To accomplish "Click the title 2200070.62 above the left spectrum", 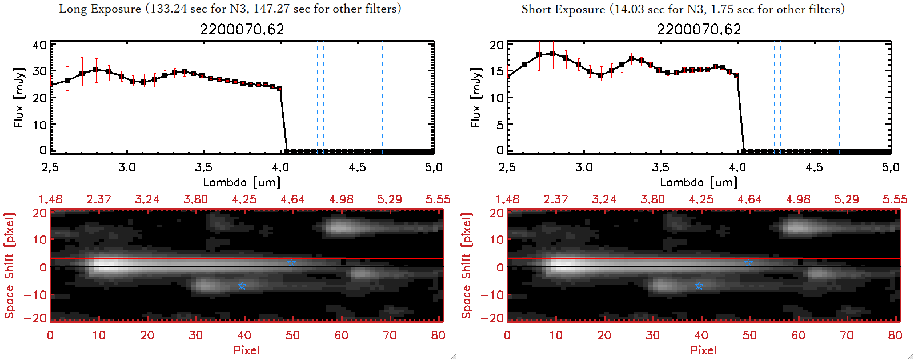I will [242, 29].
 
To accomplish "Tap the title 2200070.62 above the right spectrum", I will [699, 29].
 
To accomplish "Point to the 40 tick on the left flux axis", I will [39, 45].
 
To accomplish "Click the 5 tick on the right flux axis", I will [500, 125].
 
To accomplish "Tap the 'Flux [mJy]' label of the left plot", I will [19, 98].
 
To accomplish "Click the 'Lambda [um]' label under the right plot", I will [699, 182].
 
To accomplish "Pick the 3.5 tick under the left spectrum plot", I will [203, 167].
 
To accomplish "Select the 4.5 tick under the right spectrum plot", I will [814, 167].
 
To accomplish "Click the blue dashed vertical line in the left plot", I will [323, 97].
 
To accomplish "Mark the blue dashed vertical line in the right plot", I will [780, 97].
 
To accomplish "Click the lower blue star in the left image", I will [242, 286].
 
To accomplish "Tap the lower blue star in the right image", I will [699, 286].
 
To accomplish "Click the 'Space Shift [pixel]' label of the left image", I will [9, 266].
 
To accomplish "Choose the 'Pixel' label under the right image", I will [703, 350].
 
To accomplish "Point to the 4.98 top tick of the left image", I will [341, 199].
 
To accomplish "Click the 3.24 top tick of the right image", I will [604, 199].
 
